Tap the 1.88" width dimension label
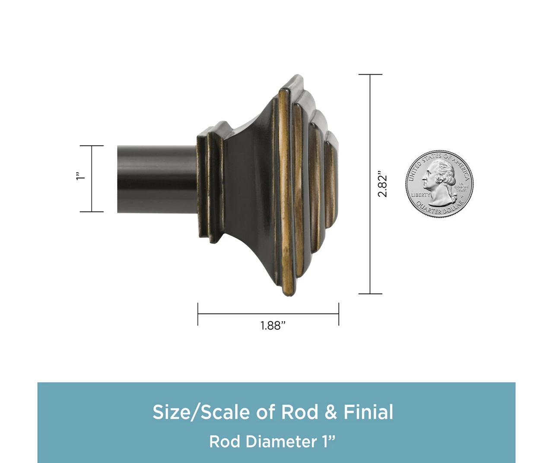coord(273,325)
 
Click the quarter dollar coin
coord(439,184)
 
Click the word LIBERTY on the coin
coord(420,195)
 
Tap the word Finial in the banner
coord(368,412)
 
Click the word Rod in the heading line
coord(300,412)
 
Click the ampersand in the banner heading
coord(331,412)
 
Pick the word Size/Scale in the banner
coord(201,412)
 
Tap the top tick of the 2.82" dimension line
coord(370,75)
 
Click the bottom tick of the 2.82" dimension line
coord(370,294)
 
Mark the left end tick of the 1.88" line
coord(198,314)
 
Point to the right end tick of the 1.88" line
coord(339,314)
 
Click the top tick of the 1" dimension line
coord(92,146)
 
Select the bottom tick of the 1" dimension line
coord(92,212)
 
